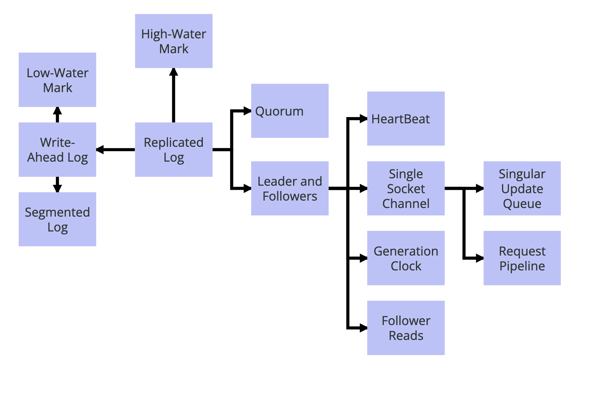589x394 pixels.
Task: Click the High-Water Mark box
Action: point(174,41)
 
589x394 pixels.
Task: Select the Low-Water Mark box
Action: point(57,80)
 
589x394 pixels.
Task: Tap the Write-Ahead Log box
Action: point(57,149)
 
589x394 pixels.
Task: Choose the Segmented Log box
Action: point(57,219)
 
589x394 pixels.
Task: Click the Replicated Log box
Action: point(174,149)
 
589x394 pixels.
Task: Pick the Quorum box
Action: point(290,111)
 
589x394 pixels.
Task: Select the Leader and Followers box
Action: point(290,188)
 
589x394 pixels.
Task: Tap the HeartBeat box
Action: point(406,119)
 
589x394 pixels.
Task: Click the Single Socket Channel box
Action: point(406,188)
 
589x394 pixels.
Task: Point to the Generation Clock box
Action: point(406,258)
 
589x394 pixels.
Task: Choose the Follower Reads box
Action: point(406,328)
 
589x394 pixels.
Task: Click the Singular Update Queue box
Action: point(522,188)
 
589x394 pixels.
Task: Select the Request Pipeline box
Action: point(522,258)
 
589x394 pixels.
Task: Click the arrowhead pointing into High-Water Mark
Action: point(174,72)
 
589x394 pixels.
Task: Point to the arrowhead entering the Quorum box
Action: point(247,111)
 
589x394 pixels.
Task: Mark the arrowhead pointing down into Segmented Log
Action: point(57,188)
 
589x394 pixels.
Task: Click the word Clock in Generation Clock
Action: point(406,266)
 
